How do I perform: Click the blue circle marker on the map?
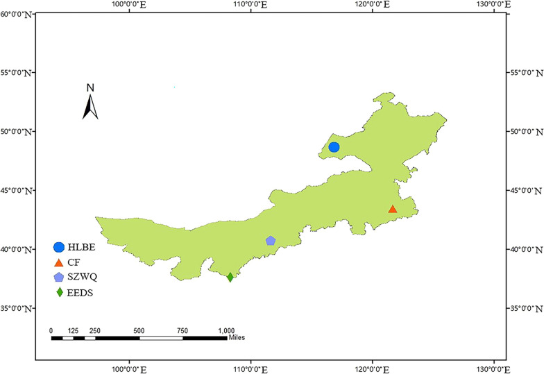click(x=334, y=147)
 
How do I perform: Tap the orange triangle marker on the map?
click(x=393, y=209)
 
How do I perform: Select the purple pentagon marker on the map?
click(x=271, y=241)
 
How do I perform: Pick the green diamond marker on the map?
click(x=230, y=278)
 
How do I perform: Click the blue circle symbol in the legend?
click(x=59, y=247)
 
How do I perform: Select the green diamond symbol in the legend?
click(x=59, y=292)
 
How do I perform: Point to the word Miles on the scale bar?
click(x=236, y=338)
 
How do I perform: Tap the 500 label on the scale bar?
click(x=139, y=330)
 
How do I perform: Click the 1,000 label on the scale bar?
click(x=226, y=330)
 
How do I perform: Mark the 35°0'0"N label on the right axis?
click(x=527, y=308)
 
